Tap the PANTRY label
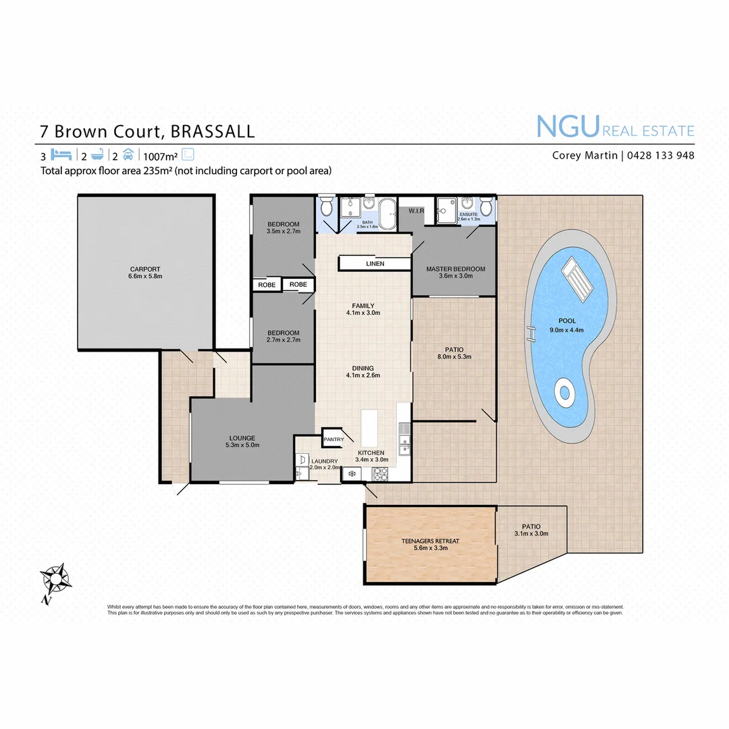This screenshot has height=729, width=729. pos(334,439)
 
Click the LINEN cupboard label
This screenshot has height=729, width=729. pos(375,263)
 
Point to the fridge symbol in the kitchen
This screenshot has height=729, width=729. pos(352,475)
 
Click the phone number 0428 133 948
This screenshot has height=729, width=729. pos(660,155)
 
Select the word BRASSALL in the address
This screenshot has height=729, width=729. pos(213,131)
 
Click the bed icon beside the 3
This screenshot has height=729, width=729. pos(61,155)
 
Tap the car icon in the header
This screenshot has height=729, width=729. pos(128,155)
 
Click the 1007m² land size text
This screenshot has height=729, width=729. pos(161,155)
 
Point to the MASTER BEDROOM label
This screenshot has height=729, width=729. pos(456,269)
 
